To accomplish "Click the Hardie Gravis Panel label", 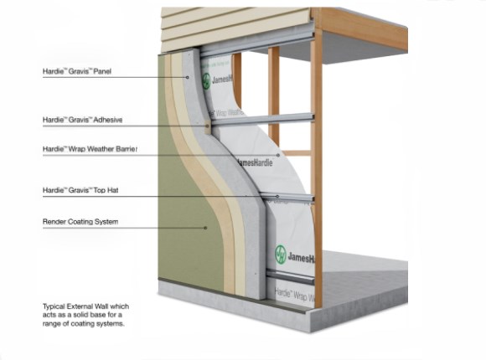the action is point(77,71).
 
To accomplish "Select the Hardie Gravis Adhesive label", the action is point(82,120).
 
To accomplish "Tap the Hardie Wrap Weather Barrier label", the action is point(90,149).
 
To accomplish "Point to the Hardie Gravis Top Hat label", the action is point(80,190).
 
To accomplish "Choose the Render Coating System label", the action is point(80,222).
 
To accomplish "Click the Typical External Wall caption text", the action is point(85,315).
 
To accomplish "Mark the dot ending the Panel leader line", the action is point(187,77).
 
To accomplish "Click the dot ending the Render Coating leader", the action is point(205,228).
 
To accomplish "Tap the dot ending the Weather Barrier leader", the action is point(278,155).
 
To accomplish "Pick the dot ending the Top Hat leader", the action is point(277,197).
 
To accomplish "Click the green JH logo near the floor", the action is point(281,255).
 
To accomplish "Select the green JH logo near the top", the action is point(206,81).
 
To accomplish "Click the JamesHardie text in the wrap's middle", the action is point(255,162).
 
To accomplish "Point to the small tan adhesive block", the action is point(208,126).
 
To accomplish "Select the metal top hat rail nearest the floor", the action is point(290,276).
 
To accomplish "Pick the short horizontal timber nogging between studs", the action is point(296,153).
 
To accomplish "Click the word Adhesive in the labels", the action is point(108,120).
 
